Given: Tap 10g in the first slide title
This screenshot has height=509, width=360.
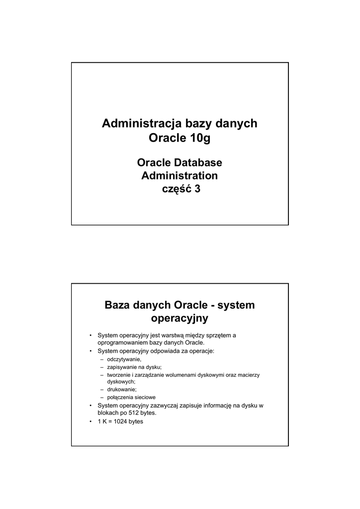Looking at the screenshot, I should (x=200, y=138).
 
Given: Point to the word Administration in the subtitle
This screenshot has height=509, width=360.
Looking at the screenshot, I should (x=180, y=175).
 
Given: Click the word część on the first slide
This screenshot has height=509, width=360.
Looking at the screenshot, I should (x=176, y=189).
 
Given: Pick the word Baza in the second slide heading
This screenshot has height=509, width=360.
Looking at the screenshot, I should (x=118, y=305).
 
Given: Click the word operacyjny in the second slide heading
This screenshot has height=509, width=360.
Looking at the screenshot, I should (x=180, y=318).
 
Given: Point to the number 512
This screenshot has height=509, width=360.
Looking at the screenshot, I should (x=129, y=413).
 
